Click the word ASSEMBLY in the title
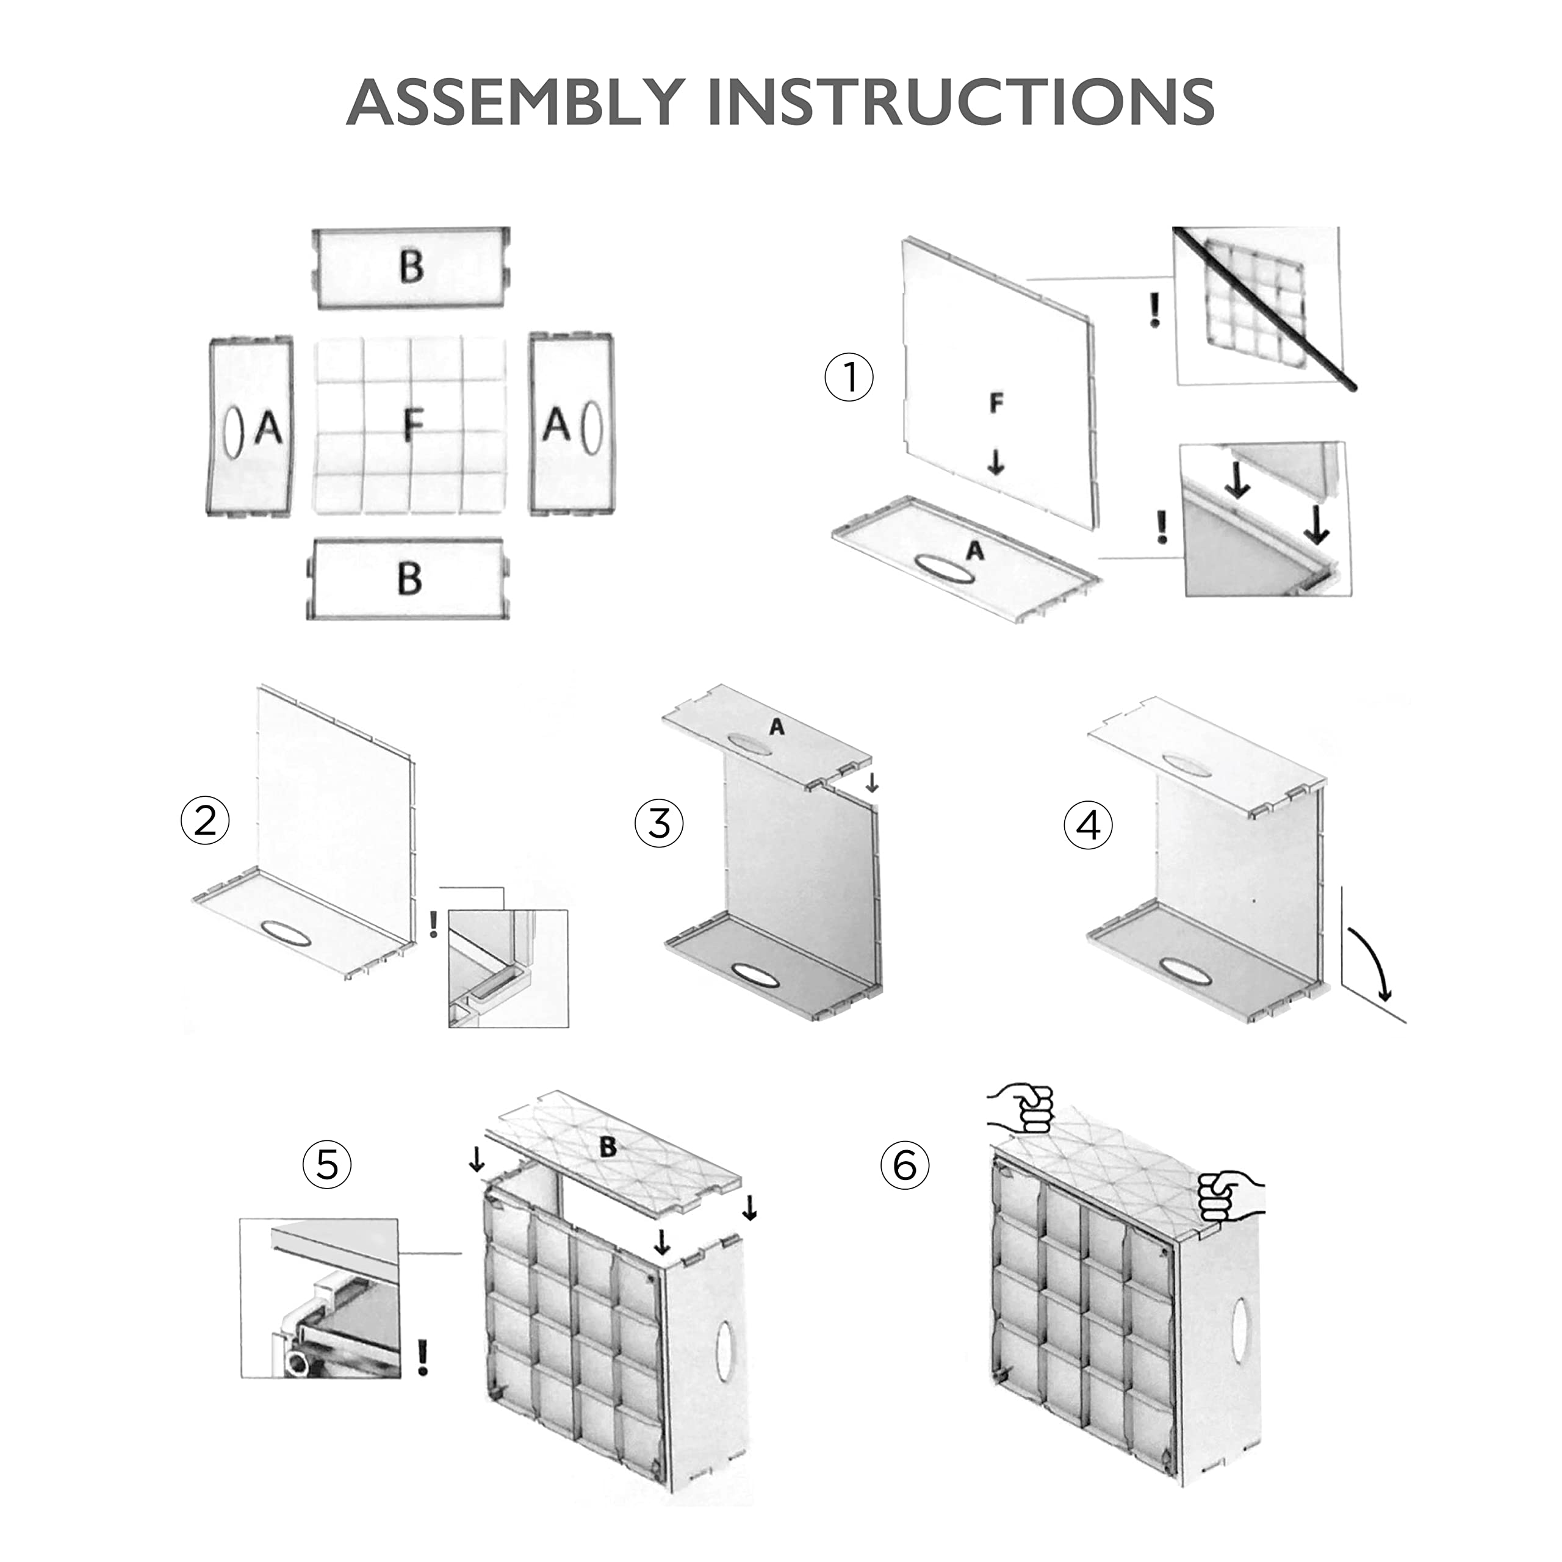[x=516, y=102]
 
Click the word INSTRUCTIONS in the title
[x=960, y=102]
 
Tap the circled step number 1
[x=849, y=378]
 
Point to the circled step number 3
[x=659, y=824]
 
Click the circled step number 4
[x=1089, y=826]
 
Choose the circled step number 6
[x=905, y=1166]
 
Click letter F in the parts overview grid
[x=413, y=425]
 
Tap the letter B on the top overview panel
[x=411, y=267]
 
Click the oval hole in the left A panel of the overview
[x=233, y=433]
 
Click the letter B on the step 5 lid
[x=608, y=1146]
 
